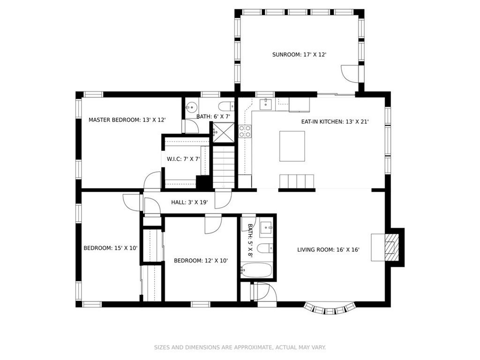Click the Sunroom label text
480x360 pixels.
tap(299, 55)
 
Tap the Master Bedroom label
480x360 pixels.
tap(127, 120)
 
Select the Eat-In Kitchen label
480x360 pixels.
tap(335, 122)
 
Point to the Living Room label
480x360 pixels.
tap(328, 250)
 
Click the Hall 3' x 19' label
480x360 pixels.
tap(189, 202)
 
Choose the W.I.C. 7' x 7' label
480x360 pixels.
tap(183, 159)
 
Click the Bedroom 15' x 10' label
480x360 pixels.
tap(111, 248)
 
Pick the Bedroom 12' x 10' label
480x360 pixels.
tap(201, 261)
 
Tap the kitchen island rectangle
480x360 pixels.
tap(292, 146)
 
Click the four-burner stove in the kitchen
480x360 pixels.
tap(245, 131)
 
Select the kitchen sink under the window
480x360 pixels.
tap(266, 104)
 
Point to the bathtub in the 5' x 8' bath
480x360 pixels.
tap(256, 270)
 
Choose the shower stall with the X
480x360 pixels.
tap(224, 132)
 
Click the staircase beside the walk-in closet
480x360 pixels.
tap(224, 167)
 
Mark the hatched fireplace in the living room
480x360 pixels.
tap(391, 247)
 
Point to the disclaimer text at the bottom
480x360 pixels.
tap(240, 347)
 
